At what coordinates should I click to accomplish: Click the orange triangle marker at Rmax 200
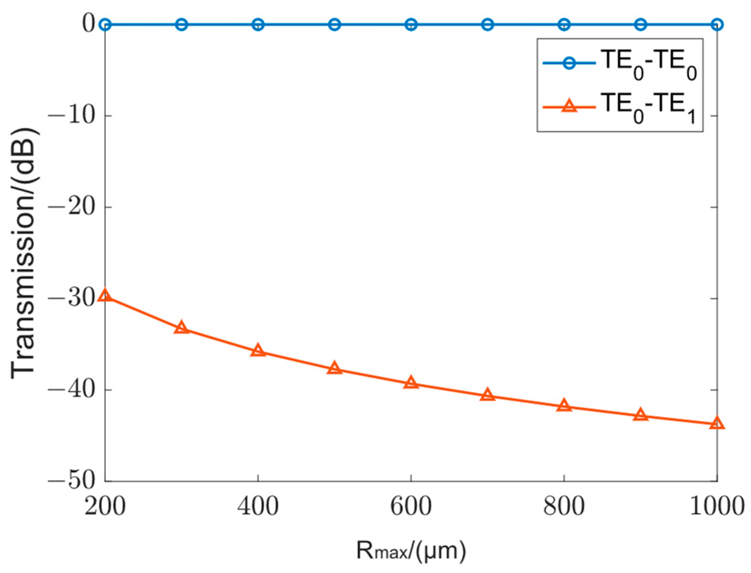tap(105, 295)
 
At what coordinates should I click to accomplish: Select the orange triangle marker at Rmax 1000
tap(717, 423)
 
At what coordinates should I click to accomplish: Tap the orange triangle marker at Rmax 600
tap(411, 382)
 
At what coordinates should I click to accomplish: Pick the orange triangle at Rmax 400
tap(258, 350)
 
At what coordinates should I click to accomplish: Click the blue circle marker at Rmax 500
tap(334, 25)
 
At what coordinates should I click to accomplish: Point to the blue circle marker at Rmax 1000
tap(717, 25)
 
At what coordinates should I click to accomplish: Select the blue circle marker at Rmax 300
tap(181, 25)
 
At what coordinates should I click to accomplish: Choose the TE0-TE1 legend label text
tap(648, 107)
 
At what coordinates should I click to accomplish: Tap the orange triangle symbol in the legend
tap(569, 106)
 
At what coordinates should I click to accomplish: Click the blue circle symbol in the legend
tap(569, 63)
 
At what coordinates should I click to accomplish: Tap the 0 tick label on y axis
tap(89, 24)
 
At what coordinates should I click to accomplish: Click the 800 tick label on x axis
tap(564, 506)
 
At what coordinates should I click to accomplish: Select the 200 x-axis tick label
tap(105, 506)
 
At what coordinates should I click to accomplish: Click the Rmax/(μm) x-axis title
tap(411, 551)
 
